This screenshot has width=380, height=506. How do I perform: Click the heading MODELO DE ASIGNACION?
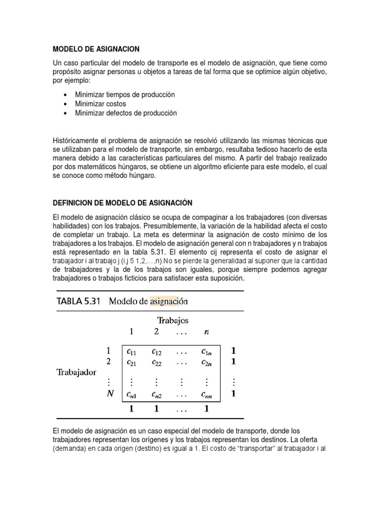pos(96,49)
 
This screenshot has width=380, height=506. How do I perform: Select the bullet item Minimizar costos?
pos(100,104)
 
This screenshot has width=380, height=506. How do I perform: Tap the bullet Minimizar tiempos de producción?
pos(125,94)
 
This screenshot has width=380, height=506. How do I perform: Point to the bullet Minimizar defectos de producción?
pos(126,113)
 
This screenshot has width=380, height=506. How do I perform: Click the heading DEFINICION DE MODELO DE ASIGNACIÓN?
pos(122,203)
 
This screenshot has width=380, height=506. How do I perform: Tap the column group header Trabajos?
pos(173,320)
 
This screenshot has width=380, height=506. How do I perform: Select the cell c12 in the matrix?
pos(156,352)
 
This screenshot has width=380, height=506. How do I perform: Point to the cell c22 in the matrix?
pos(156,362)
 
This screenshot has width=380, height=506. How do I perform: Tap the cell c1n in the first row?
pos(206,352)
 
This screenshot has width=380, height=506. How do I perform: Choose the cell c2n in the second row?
pos(206,362)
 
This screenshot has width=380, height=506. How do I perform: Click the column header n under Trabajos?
pos(206,332)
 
